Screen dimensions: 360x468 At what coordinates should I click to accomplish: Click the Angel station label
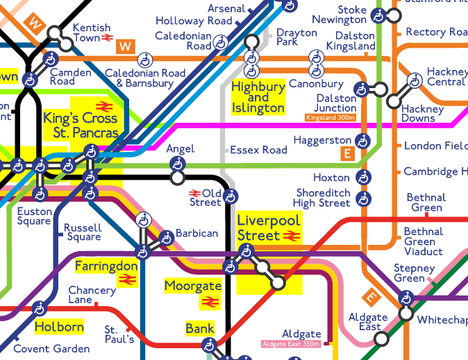click(181, 149)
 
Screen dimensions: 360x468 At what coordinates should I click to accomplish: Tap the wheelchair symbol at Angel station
click(178, 164)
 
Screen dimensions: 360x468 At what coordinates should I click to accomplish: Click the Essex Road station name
click(258, 150)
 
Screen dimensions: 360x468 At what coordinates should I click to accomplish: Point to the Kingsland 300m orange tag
click(331, 118)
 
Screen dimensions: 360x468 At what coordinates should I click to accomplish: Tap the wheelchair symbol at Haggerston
click(363, 141)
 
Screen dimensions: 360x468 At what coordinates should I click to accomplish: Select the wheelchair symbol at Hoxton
click(363, 178)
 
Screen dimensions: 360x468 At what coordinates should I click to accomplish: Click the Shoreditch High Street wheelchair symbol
click(363, 198)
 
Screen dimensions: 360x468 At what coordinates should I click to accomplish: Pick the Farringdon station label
click(106, 266)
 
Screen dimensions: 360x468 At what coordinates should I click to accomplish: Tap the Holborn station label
click(59, 327)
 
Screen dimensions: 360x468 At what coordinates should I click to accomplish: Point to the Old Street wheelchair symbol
click(231, 196)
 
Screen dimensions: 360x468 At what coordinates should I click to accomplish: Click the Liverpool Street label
click(269, 228)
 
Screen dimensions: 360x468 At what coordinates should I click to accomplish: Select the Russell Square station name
click(83, 232)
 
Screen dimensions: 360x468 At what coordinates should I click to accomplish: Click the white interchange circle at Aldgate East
click(381, 339)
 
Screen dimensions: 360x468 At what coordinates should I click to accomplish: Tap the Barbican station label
click(197, 234)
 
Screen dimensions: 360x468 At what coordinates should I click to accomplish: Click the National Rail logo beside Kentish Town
click(107, 38)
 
